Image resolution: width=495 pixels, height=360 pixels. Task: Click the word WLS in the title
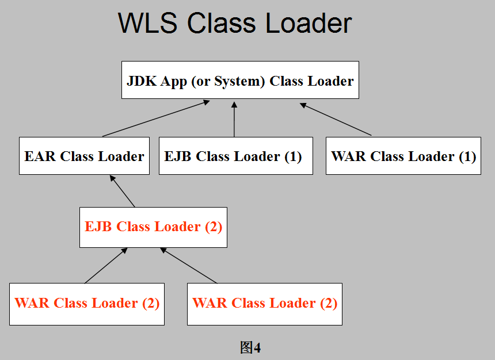tap(147, 23)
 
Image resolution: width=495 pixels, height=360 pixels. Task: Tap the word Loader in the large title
tap(309, 23)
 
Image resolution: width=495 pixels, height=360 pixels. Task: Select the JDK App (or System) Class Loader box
tap(240, 80)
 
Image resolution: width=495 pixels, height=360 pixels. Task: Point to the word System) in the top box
tap(239, 82)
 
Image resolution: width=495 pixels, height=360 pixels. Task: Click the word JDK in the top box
tap(142, 81)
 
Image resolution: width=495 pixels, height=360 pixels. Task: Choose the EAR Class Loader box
tap(84, 155)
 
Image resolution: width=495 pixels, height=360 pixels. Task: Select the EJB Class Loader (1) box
tap(236, 155)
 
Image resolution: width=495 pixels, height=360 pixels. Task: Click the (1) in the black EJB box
tap(293, 157)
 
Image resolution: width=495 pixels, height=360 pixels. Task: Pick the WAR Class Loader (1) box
tap(403, 155)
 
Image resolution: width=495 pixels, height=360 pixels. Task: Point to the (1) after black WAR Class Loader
tap(467, 157)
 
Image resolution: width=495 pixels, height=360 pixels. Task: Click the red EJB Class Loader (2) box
tap(154, 227)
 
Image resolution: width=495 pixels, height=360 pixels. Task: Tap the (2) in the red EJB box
tap(214, 227)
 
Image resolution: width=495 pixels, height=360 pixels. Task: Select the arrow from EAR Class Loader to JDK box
tap(156, 118)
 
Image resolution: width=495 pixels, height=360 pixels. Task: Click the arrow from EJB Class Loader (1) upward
tap(234, 119)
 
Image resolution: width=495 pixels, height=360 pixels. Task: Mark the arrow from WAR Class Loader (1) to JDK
tap(336, 119)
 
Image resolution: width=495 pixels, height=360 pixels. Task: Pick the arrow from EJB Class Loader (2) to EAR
tap(122, 191)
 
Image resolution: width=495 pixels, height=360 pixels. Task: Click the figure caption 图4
tap(250, 347)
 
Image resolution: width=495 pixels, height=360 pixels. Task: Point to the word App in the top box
tap(174, 82)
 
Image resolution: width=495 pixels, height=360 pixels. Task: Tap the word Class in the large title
tap(221, 23)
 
